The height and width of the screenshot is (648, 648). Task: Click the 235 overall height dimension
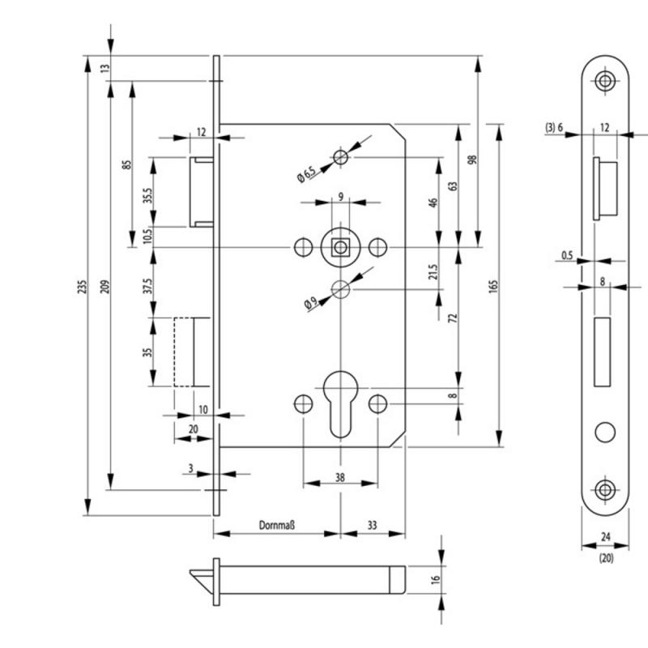(83, 287)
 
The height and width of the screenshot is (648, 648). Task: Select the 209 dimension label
(105, 287)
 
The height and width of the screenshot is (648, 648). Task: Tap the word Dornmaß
(276, 525)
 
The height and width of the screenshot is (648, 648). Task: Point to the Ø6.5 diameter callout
(307, 173)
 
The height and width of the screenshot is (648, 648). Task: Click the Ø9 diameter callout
(311, 304)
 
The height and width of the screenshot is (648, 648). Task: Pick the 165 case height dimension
(493, 286)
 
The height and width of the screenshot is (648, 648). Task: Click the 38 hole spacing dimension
(339, 478)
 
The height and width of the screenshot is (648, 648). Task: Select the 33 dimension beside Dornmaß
(372, 525)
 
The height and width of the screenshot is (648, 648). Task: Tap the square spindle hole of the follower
(340, 248)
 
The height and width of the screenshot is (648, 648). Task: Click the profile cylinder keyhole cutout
(340, 403)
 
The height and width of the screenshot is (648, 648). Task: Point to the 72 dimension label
(453, 318)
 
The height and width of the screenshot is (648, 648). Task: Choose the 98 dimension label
(472, 160)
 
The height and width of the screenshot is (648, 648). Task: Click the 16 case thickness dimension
(436, 579)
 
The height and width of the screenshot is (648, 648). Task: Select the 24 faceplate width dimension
(605, 537)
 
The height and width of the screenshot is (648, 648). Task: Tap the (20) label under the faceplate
(606, 558)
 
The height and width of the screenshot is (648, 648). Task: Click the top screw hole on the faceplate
(605, 80)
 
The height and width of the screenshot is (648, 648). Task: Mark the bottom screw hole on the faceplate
(605, 490)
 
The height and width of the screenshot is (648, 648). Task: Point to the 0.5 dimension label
(567, 255)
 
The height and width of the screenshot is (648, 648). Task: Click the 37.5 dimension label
(148, 285)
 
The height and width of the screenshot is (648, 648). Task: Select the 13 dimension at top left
(105, 68)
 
